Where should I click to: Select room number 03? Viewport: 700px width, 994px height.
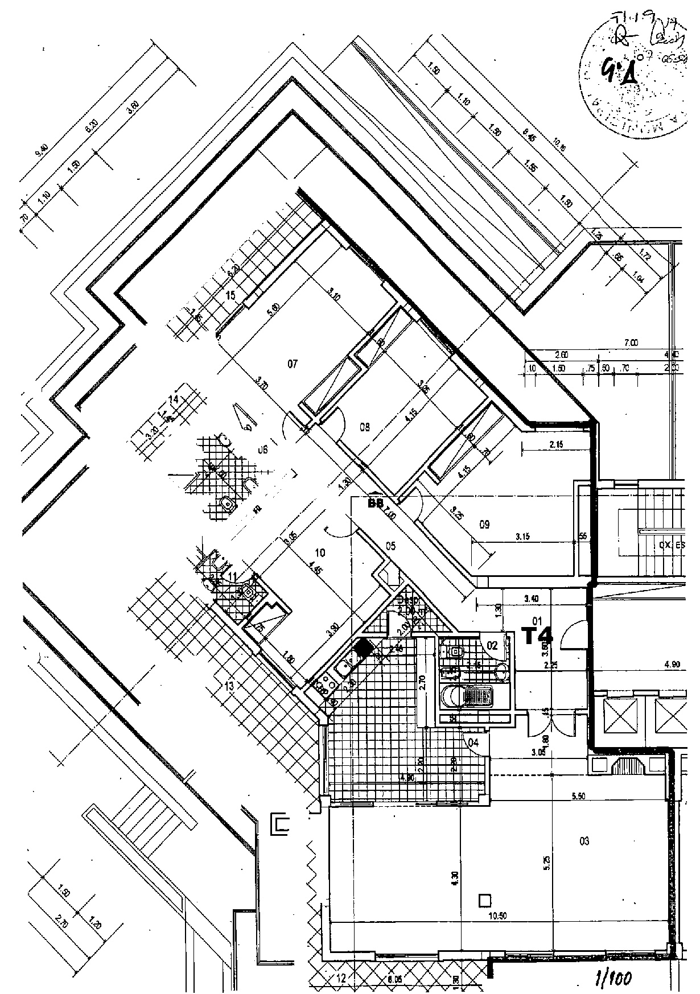pos(584,842)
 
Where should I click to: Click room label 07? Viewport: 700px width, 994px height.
pos(293,364)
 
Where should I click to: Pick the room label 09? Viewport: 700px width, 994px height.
pos(484,525)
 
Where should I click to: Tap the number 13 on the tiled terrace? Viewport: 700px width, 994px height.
pos(229,687)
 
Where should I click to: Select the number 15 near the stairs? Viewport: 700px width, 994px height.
pos(230,295)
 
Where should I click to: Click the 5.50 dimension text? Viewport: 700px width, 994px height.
pos(579,797)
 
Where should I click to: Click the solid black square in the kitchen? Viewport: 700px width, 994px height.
pos(363,647)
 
